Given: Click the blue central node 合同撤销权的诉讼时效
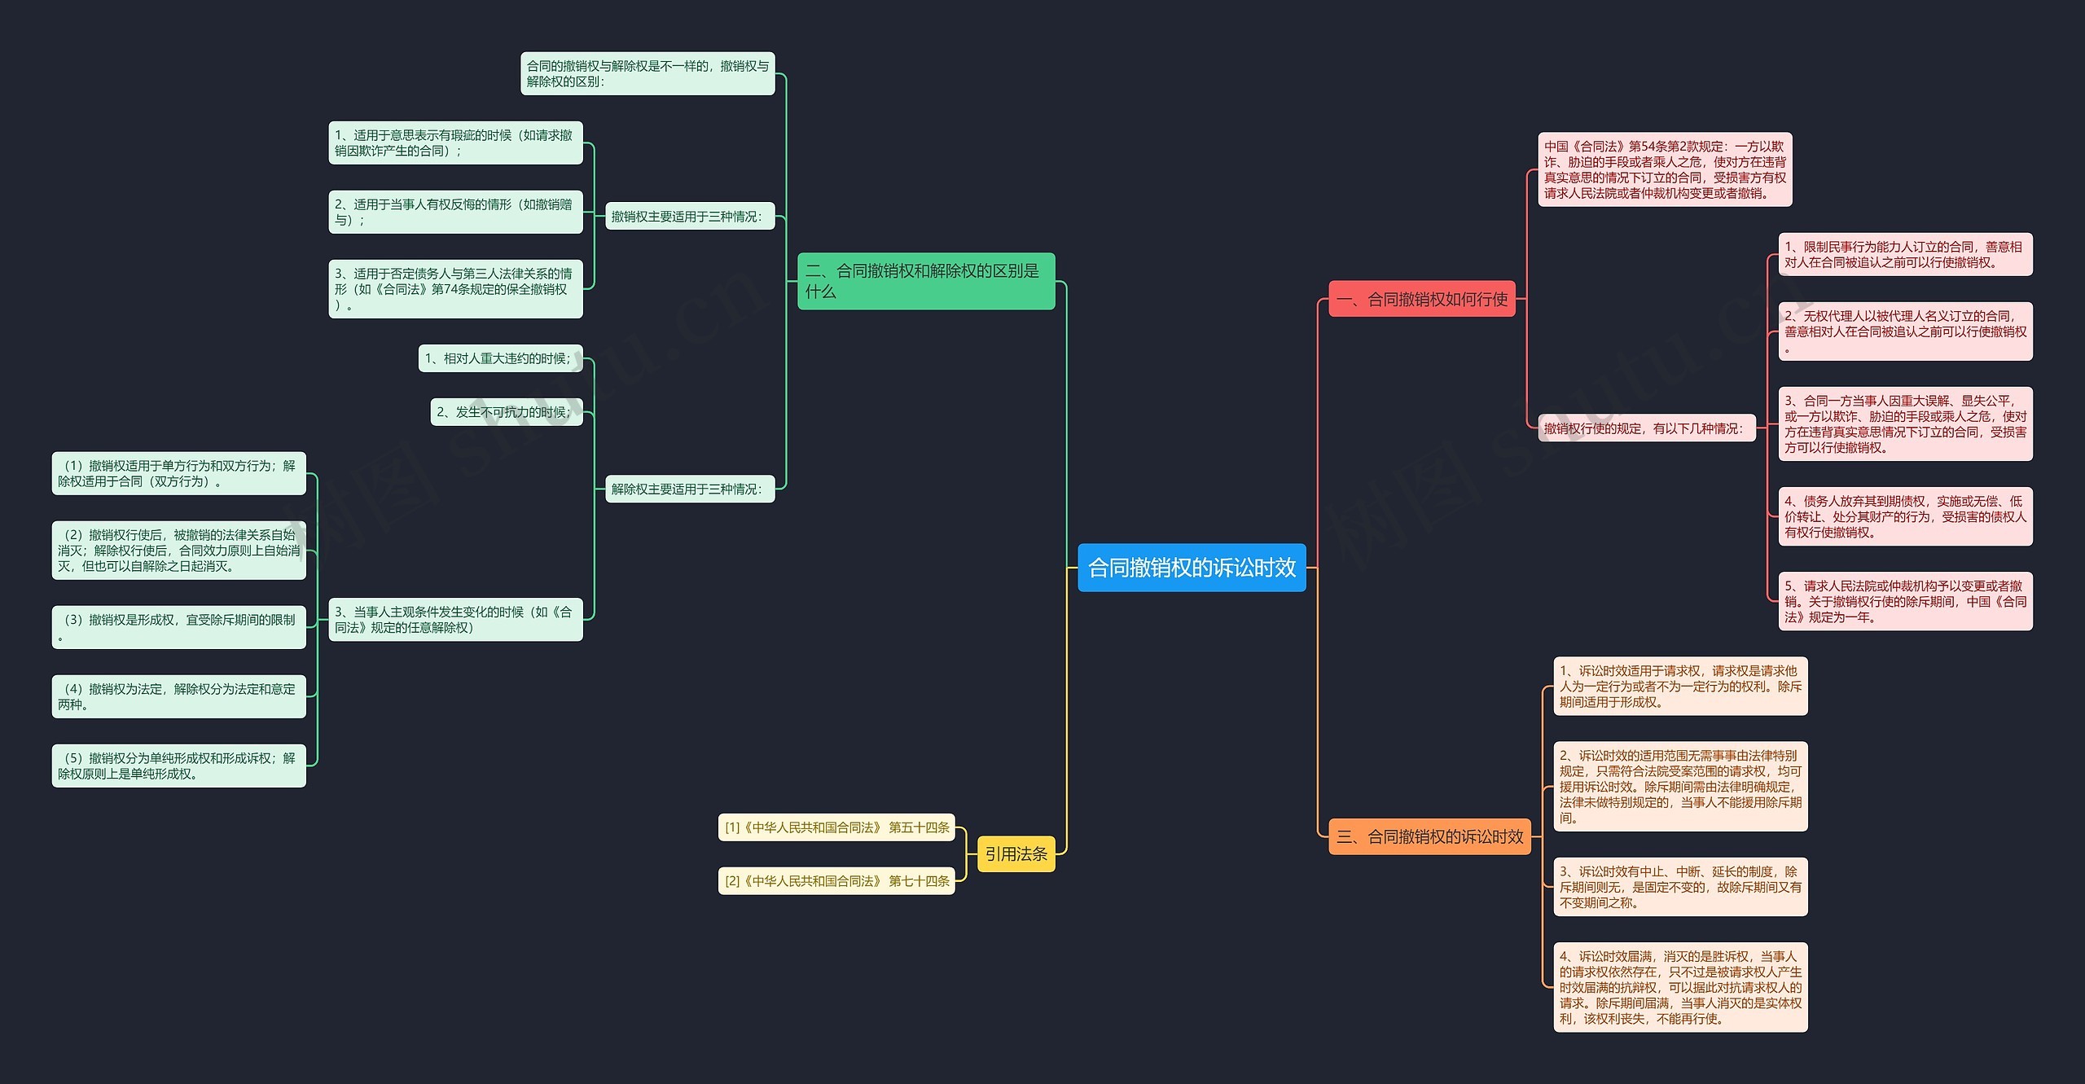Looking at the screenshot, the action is point(1192,568).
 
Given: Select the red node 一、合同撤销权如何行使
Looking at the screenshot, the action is point(1422,299).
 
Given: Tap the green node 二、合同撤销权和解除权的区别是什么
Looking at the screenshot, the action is point(926,281).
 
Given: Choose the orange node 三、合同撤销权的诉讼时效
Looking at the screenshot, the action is point(1429,836).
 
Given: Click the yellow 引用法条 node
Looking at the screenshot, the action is point(1016,854).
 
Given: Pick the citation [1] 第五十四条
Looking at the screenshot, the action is point(836,827).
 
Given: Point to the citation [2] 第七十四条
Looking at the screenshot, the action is point(836,880).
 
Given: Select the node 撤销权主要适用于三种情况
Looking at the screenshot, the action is point(690,217).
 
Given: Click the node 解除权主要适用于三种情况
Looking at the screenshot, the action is point(690,489).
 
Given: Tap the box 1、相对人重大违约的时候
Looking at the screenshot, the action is point(501,358).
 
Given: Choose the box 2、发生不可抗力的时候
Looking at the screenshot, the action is point(507,411).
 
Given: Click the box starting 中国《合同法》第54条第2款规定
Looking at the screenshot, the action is point(1665,169).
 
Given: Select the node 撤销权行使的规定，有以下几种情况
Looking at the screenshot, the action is point(1646,428).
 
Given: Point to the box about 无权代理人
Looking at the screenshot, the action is point(1905,331).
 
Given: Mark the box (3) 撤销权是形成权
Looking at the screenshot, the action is point(179,627).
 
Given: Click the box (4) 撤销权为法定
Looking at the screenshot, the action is point(179,696).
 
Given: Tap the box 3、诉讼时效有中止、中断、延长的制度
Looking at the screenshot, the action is point(1680,887).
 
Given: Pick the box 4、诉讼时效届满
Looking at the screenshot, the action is point(1680,987).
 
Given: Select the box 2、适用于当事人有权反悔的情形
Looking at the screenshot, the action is point(455,212).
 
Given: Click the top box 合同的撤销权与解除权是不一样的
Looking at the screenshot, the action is point(647,73).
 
